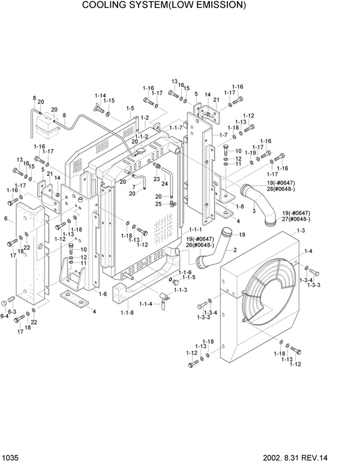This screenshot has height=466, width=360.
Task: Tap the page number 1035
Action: pyautogui.click(x=13, y=458)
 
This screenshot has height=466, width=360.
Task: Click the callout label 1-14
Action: pyautogui.click(x=100, y=96)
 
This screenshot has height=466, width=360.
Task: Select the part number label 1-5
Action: pyautogui.click(x=130, y=109)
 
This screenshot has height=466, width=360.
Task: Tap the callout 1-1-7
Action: pyautogui.click(x=175, y=128)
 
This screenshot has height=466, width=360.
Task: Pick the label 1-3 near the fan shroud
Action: pyautogui.click(x=301, y=231)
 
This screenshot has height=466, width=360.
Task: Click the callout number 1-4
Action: pyautogui.click(x=308, y=250)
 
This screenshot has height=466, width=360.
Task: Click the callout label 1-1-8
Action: pyautogui.click(x=127, y=312)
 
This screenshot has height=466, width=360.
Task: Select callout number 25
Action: pyautogui.click(x=158, y=204)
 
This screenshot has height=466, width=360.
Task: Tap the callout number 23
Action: pyautogui.click(x=157, y=178)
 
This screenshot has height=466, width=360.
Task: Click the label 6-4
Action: pyautogui.click(x=4, y=316)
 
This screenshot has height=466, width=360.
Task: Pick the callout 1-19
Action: pyautogui.click(x=251, y=153)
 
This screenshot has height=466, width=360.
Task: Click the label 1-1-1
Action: pyautogui.click(x=196, y=230)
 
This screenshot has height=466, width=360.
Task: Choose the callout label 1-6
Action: pyautogui.click(x=102, y=294)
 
